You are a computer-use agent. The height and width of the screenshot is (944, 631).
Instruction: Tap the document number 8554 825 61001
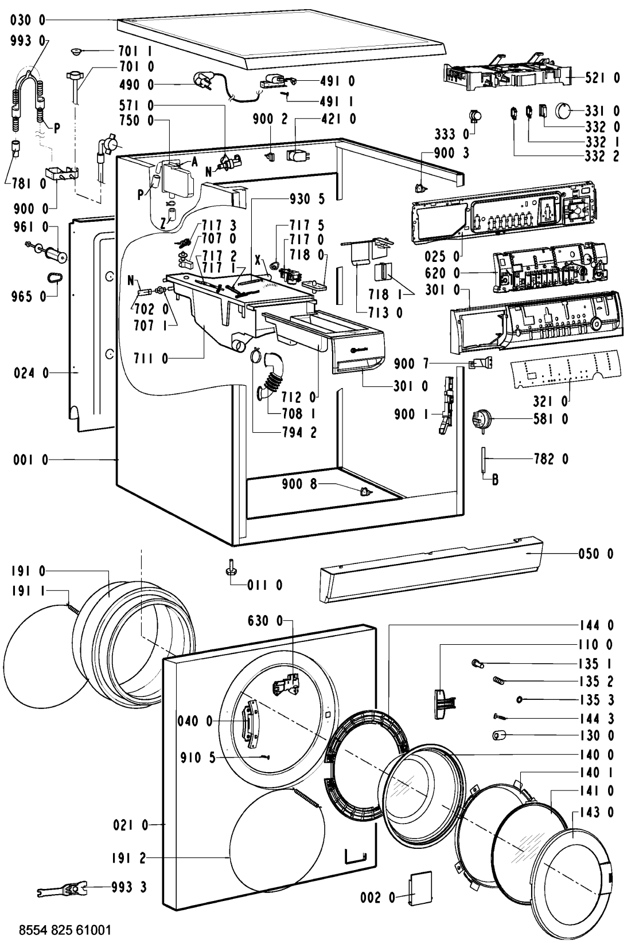[61, 929]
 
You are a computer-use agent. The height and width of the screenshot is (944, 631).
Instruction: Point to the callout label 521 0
[602, 78]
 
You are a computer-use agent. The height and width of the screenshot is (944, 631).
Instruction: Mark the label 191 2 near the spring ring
[130, 857]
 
